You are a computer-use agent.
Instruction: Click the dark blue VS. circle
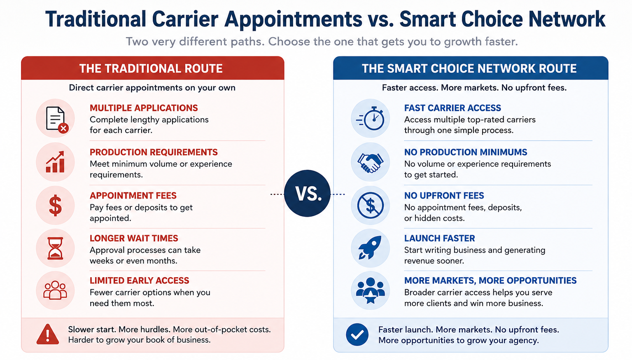(307, 194)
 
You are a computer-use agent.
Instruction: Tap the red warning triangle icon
(48, 334)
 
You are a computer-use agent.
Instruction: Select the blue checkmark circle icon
(357, 334)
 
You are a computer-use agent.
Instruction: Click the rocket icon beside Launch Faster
(370, 248)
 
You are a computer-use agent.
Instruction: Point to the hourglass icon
(55, 248)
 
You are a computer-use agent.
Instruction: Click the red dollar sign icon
(55, 206)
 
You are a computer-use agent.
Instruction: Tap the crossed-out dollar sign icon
(370, 206)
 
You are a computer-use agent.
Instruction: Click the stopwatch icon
(370, 119)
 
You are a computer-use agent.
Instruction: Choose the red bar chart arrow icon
(55, 162)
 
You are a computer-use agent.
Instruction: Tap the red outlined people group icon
(55, 290)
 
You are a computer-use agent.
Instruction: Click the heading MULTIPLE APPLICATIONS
(144, 108)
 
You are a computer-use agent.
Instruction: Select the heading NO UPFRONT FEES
(444, 195)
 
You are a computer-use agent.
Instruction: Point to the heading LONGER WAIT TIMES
(134, 238)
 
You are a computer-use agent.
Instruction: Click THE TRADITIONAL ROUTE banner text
(151, 69)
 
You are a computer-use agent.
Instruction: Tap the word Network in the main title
(567, 19)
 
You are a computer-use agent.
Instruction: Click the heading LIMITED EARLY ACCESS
(140, 281)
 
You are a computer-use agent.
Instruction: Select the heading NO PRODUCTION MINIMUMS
(466, 152)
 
